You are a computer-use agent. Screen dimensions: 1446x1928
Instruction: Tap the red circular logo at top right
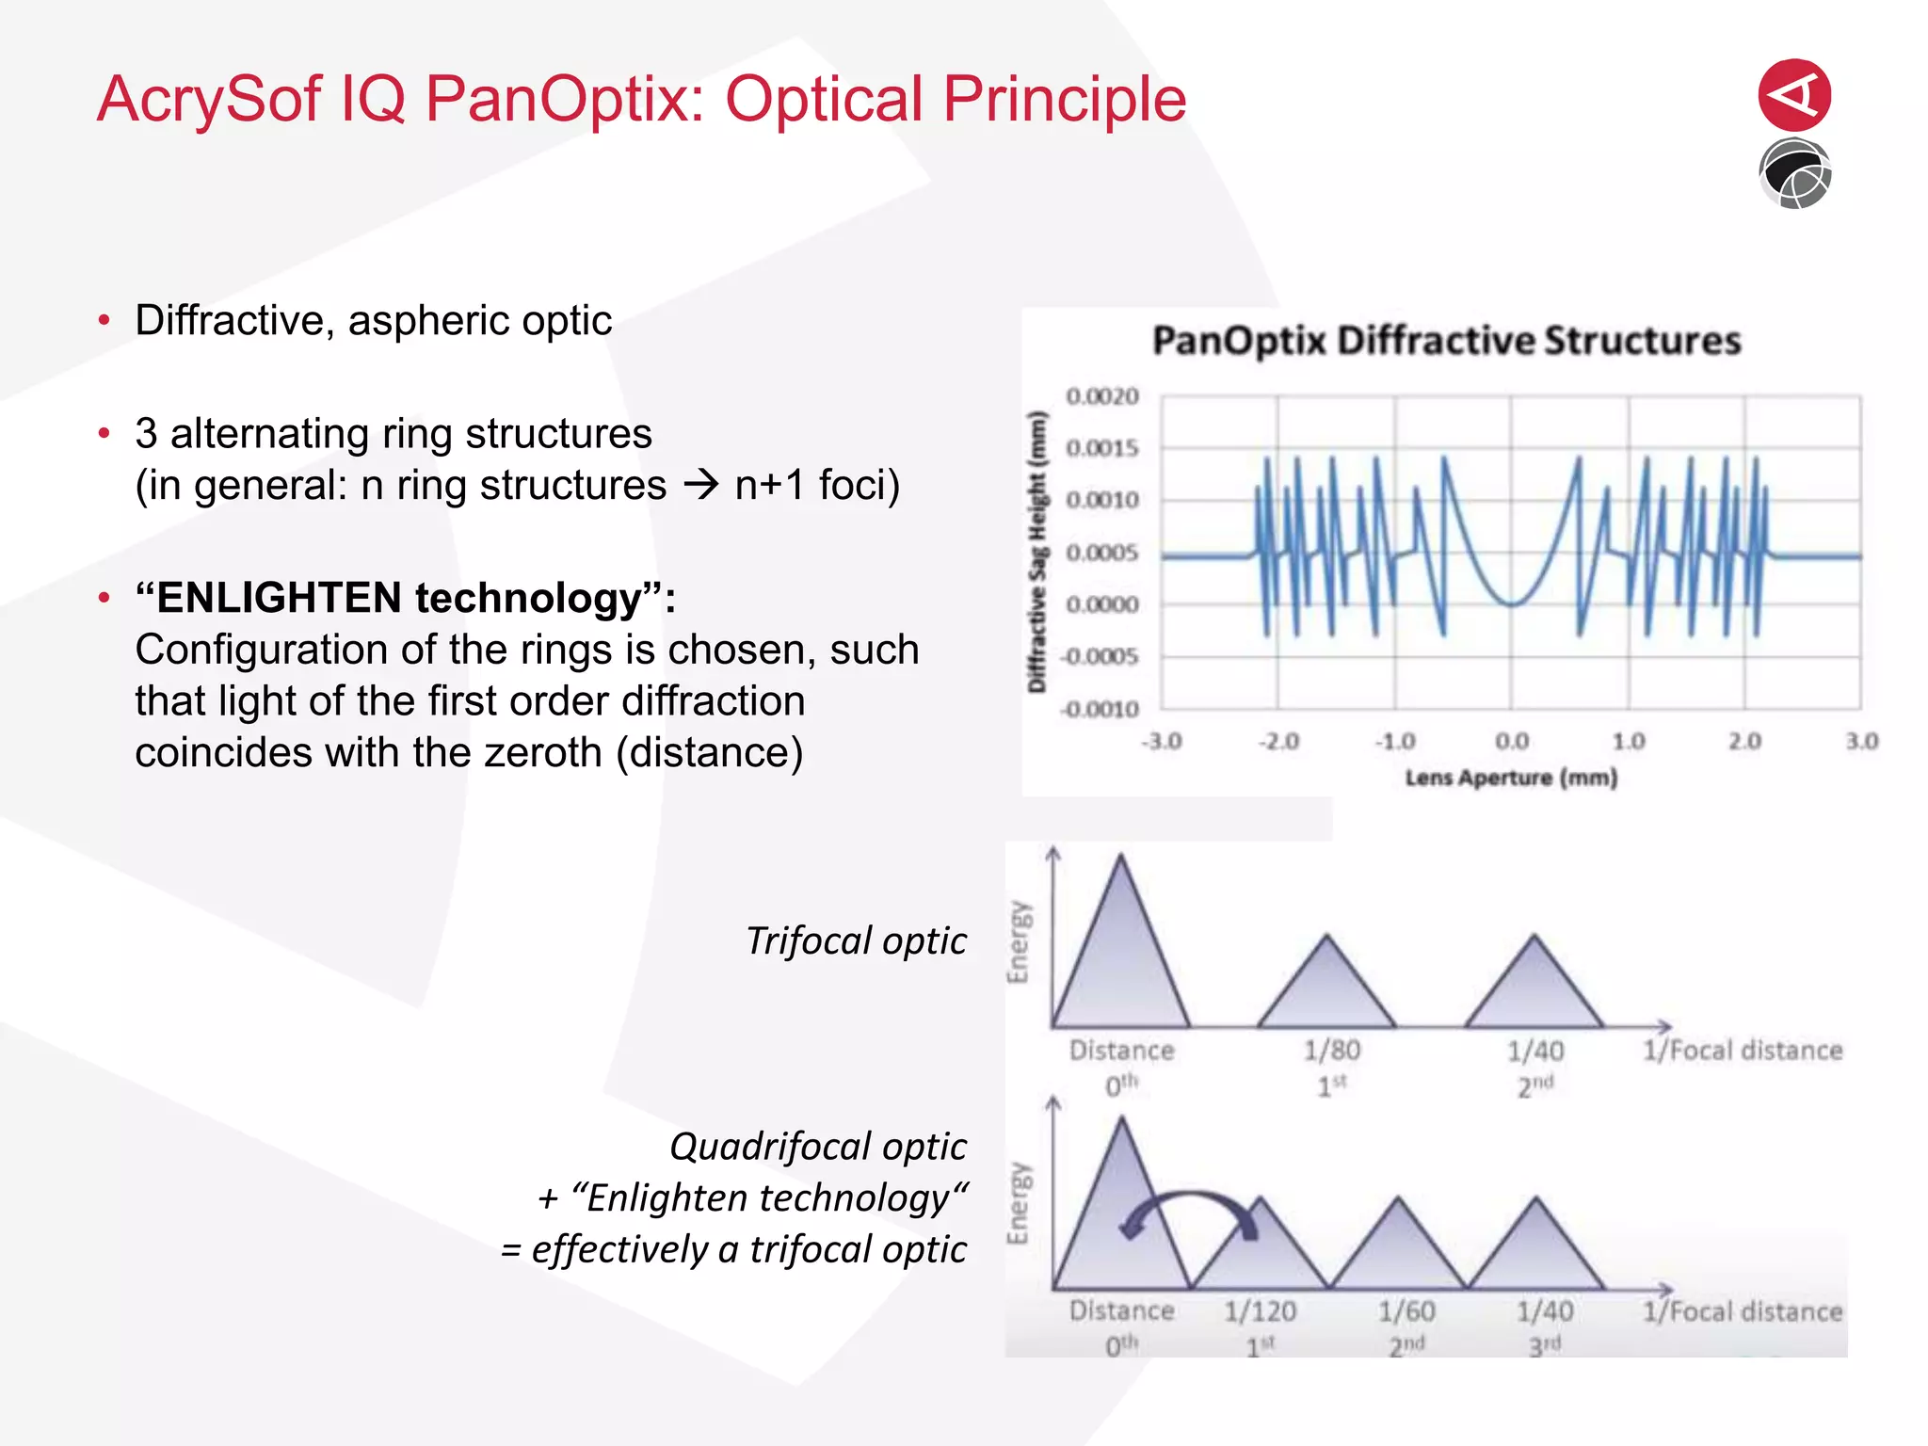click(1794, 94)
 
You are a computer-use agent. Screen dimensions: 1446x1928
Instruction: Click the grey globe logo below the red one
click(1794, 174)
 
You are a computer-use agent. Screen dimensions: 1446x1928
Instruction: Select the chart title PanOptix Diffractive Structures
click(1446, 341)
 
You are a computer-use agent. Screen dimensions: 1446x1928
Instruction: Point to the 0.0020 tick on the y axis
click(1101, 396)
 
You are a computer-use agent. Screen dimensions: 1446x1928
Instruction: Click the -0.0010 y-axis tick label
click(1100, 709)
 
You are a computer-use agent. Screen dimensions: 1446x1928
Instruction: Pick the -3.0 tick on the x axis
click(1162, 742)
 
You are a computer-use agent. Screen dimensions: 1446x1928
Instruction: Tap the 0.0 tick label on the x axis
click(1512, 742)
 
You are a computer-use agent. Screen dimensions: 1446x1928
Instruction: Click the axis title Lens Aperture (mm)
click(1511, 778)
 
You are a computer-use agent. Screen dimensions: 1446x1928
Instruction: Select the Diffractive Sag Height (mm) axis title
click(1036, 552)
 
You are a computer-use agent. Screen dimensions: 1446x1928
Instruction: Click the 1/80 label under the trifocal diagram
click(1331, 1051)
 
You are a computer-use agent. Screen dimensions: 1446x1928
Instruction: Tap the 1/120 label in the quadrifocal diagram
click(1260, 1311)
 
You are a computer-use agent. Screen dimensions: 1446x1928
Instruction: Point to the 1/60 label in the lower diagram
click(1406, 1311)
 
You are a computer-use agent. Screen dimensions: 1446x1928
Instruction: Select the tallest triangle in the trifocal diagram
click(1120, 960)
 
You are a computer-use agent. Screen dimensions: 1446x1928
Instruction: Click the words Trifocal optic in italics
click(855, 940)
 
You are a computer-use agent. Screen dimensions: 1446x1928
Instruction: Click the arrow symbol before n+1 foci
click(700, 486)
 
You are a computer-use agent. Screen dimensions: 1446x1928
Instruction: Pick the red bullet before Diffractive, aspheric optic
click(104, 321)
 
